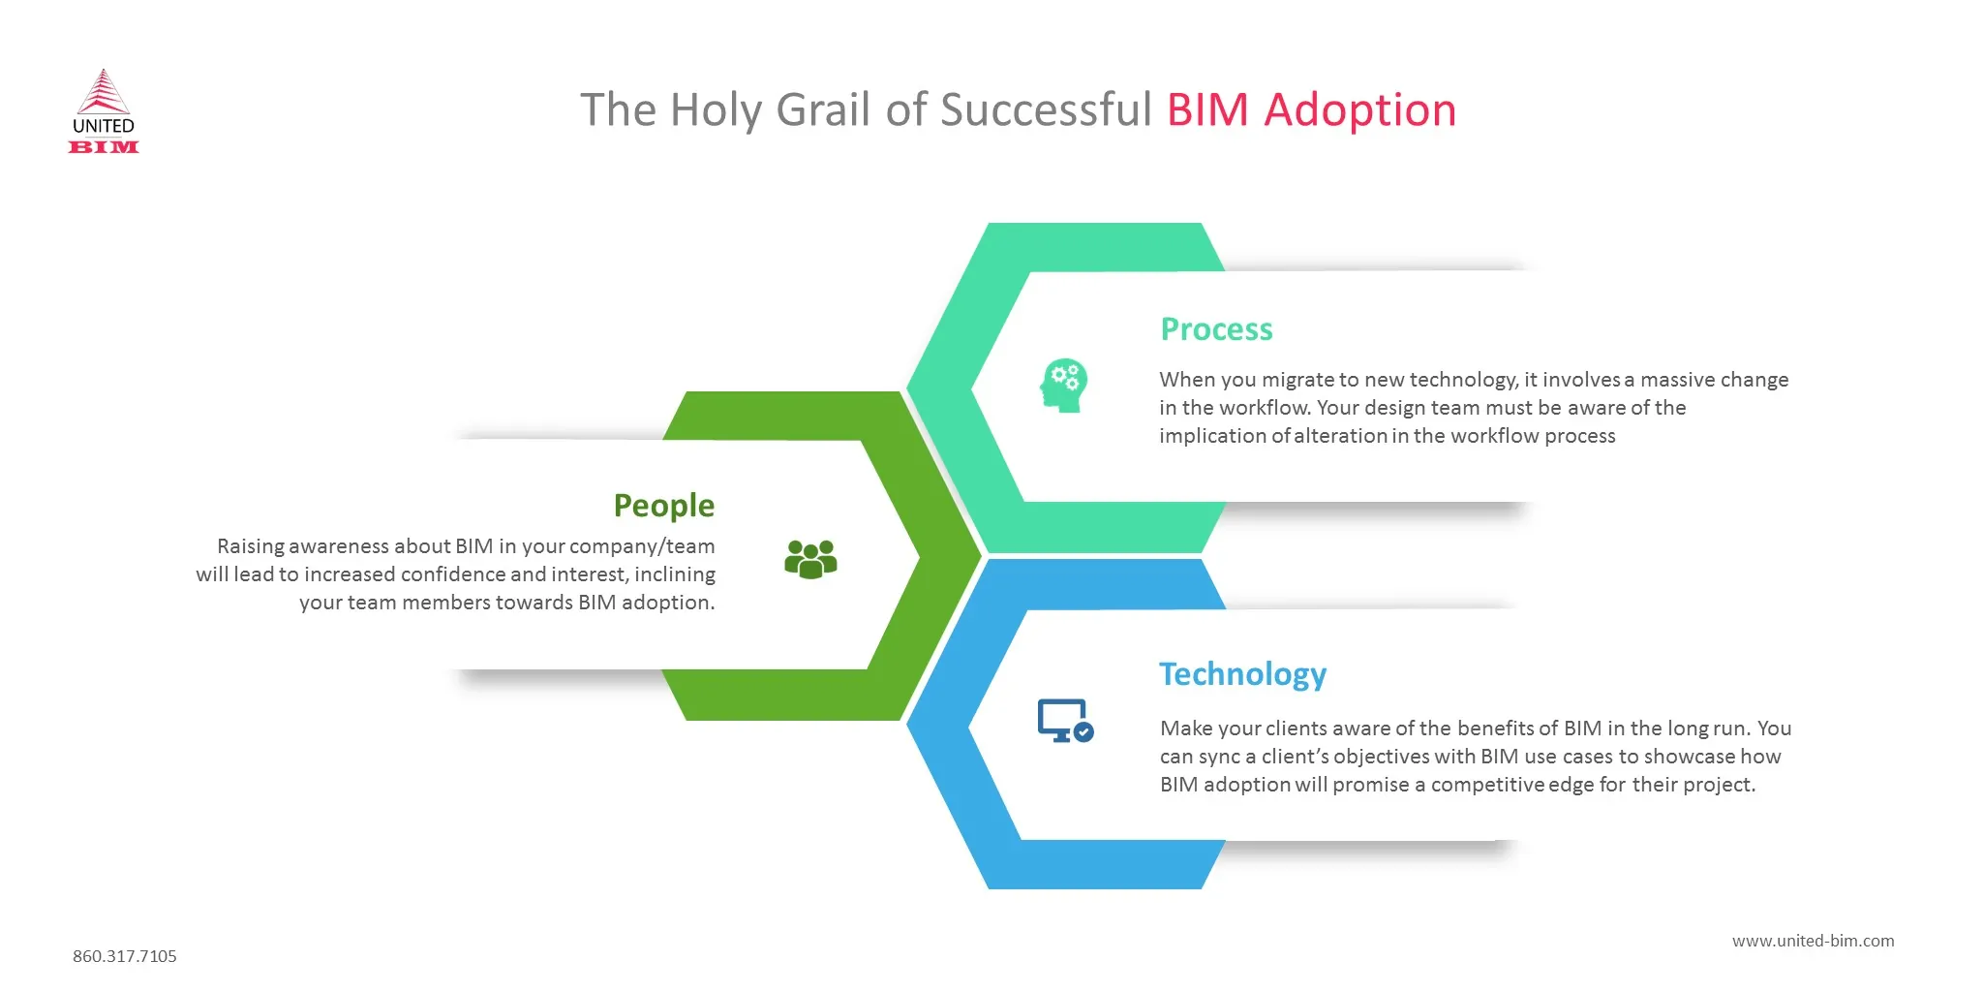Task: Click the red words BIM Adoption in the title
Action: [x=1311, y=110]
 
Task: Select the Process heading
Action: [x=1216, y=329]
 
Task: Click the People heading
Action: [x=663, y=506]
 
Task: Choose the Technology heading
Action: [x=1242, y=674]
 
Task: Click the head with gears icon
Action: [x=1064, y=386]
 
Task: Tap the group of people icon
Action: [x=810, y=559]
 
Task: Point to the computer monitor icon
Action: [x=1061, y=720]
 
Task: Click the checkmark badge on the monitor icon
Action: [x=1084, y=732]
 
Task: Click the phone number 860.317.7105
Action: [x=125, y=956]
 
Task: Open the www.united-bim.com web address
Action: [x=1813, y=941]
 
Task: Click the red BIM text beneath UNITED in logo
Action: [x=104, y=147]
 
